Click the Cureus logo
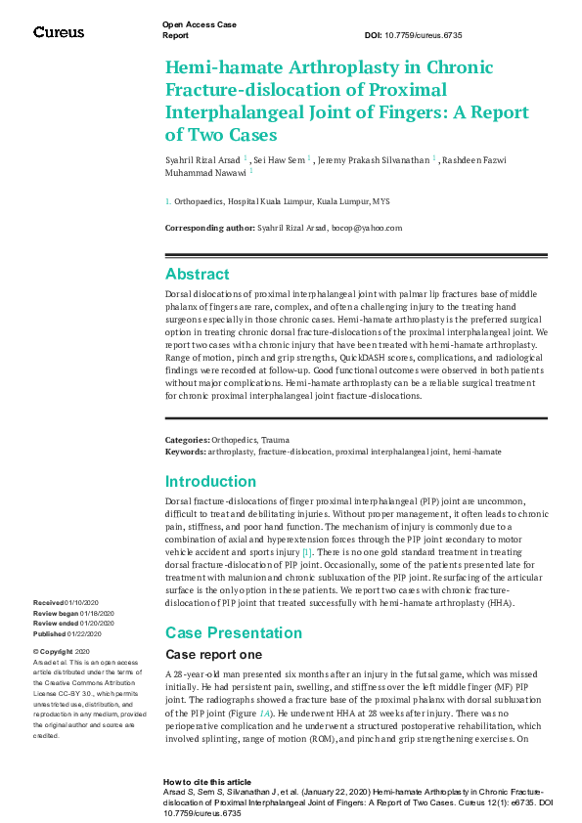tap(59, 32)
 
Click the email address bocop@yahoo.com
tap(368, 228)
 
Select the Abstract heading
tap(198, 275)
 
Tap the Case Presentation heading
tap(227, 633)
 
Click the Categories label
tap(187, 441)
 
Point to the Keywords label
tap(185, 453)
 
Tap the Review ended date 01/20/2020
tap(97, 623)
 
